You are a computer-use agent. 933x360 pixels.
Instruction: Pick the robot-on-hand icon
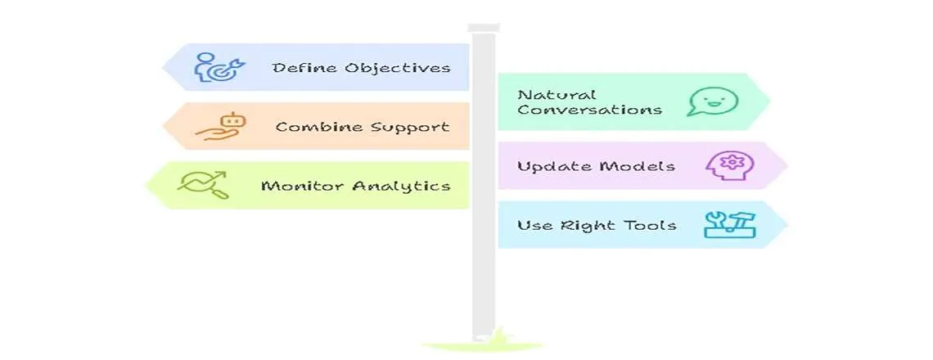point(220,127)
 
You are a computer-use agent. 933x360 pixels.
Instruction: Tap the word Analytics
point(401,186)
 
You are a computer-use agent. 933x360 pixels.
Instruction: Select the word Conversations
point(589,110)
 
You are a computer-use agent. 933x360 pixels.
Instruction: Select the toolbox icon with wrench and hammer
point(730,224)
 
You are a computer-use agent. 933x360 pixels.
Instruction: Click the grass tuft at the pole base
point(483,340)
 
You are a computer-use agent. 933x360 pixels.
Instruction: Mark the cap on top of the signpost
point(483,28)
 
